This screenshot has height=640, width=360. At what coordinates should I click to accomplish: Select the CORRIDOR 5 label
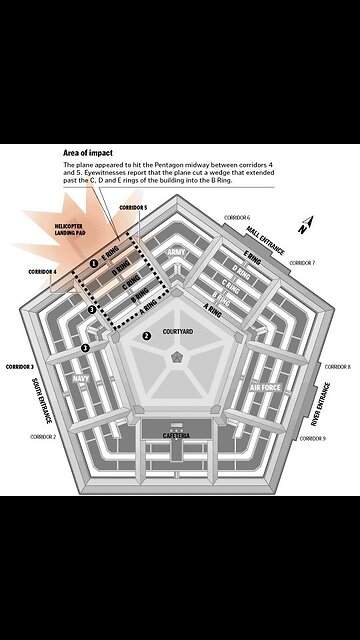[133, 207]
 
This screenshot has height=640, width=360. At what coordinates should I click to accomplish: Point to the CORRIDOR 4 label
[42, 271]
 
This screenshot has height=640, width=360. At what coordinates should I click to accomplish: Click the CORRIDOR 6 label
[236, 217]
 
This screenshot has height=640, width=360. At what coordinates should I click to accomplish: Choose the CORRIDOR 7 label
[302, 263]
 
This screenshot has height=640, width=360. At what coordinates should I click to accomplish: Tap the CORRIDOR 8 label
[336, 367]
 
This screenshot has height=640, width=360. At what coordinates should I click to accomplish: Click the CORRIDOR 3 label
[19, 367]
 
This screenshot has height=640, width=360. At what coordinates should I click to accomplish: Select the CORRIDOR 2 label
[43, 437]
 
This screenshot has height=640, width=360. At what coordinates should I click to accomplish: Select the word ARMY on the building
[177, 252]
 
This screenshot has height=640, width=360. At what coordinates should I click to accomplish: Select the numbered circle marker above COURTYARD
[146, 336]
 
